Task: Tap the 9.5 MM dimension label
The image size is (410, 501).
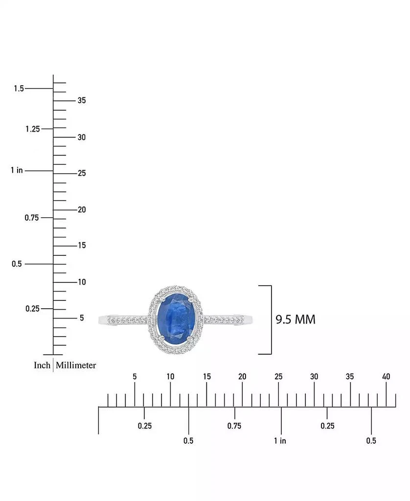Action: coord(296,319)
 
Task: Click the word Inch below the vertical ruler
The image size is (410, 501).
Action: coord(42,365)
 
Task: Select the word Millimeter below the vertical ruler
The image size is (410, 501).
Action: coord(76,365)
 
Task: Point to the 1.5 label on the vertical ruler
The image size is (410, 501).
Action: coord(19,89)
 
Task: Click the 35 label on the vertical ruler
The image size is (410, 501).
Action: coord(81,100)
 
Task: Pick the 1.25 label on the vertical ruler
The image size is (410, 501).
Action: coord(32,129)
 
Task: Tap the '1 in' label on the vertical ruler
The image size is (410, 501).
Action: coord(17,170)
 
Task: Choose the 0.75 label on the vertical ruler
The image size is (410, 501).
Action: coord(32,218)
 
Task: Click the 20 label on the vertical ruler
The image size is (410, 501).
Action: coord(81,209)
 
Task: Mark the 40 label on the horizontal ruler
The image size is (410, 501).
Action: coord(386,377)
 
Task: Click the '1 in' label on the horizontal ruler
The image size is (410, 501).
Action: coord(280,441)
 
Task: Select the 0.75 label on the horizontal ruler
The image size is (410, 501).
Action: coord(234,426)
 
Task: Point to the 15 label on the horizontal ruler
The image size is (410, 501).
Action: coord(206,377)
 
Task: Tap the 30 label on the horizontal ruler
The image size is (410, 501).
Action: coord(314,377)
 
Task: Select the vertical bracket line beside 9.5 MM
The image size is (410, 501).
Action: coord(271,319)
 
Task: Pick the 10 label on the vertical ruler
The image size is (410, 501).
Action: coord(81,282)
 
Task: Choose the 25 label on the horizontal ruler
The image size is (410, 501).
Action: coord(278,377)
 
